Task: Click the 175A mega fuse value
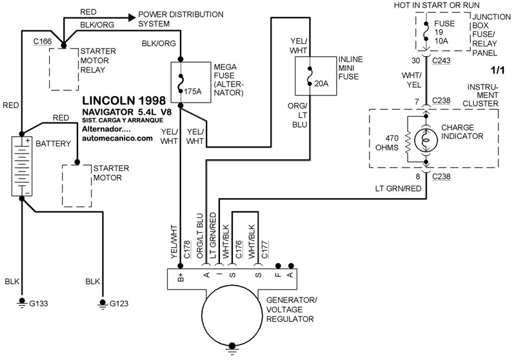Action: pos(193,92)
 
